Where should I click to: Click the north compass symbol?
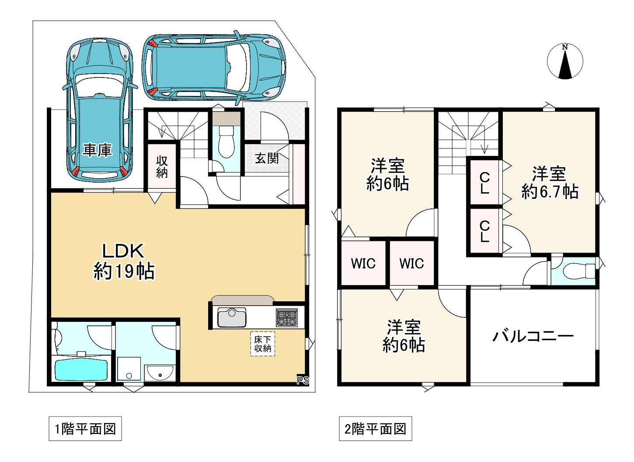pos(565,62)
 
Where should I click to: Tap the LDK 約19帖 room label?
pos(124,261)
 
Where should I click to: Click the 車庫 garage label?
pos(98,150)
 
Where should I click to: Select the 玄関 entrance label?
pos(267,158)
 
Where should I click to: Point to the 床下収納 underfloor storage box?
pos(262,344)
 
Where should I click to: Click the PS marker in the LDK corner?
pos(303,380)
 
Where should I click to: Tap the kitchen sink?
pos(232,317)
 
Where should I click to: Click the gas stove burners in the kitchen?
pos(286,317)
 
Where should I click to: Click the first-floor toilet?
pos(226,141)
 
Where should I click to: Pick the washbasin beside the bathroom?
pos(160,374)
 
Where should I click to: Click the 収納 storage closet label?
pos(162,167)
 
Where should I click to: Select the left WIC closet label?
pos(363,264)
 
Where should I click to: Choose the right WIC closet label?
pos(411,264)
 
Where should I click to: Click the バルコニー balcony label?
pos(533,336)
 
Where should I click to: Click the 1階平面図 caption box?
pos(85,429)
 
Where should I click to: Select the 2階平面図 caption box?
pos(375,429)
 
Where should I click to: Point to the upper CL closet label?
pos(484,183)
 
